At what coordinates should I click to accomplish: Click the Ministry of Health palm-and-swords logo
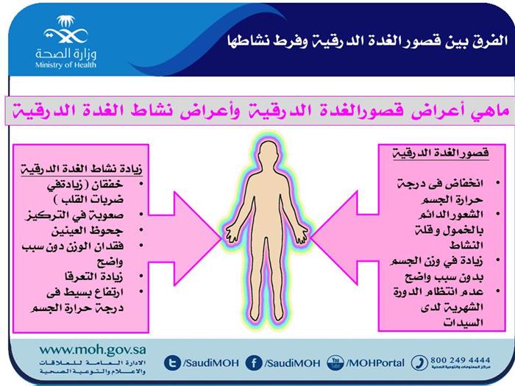65,29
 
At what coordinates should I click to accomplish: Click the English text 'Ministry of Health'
65,65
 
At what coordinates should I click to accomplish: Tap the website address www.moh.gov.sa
93,350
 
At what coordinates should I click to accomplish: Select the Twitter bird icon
172,362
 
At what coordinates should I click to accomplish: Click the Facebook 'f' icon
254,362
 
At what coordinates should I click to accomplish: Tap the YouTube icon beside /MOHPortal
335,362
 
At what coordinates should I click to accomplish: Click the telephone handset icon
419,362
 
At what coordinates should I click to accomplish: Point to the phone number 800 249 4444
461,360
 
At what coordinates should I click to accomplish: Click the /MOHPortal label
375,363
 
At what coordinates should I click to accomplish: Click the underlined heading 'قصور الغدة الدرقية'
441,153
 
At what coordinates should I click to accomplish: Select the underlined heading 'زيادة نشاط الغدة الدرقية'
82,168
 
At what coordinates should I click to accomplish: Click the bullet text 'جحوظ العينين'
87,231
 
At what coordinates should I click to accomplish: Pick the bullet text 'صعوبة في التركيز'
74,215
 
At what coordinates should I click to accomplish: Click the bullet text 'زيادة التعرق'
94,276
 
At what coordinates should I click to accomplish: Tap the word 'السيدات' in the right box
463,323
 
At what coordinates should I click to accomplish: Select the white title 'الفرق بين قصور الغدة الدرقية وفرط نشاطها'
368,42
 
